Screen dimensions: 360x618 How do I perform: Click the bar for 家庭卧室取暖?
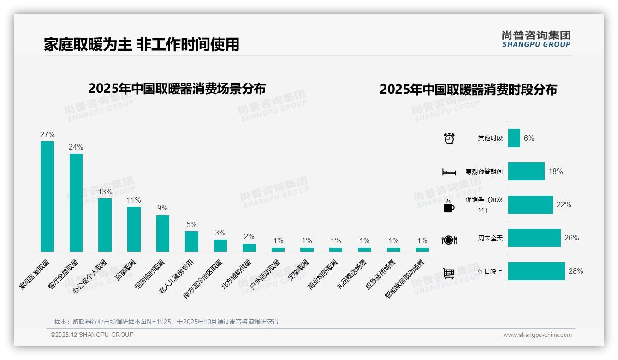[47, 196]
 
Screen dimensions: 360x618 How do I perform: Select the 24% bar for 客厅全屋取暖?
[76, 202]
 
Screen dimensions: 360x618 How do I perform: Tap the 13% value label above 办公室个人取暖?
[105, 192]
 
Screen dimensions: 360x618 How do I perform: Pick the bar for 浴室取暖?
[134, 229]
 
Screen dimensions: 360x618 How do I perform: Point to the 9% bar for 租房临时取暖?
[163, 233]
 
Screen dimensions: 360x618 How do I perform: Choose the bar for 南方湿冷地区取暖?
[220, 246]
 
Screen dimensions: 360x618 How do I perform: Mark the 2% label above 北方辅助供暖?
[249, 237]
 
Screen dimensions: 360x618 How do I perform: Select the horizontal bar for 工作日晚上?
[536, 271]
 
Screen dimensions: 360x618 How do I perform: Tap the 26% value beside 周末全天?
[571, 238]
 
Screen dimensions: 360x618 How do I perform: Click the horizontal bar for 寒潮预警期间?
[526, 172]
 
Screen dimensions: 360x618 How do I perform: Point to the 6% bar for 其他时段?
[514, 138]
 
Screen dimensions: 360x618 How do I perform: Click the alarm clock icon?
[449, 138]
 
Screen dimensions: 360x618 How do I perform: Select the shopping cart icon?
[449, 273]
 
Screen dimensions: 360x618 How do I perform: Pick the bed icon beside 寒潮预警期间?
[449, 172]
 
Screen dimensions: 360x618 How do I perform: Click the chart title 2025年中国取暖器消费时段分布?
[468, 90]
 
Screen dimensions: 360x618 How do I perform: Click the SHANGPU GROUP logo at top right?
[536, 39]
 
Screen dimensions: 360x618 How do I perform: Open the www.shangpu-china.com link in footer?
[537, 335]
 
